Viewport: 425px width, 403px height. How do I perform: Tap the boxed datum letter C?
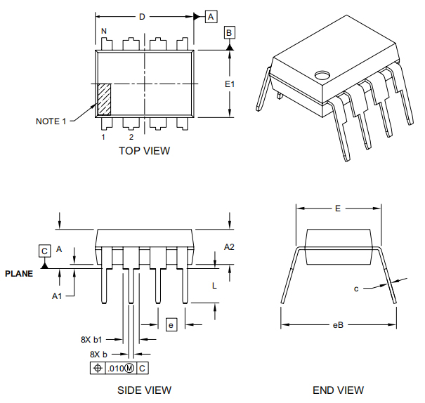pos(44,251)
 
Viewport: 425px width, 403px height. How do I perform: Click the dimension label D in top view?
pos(142,16)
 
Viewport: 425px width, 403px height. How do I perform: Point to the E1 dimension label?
pos(230,84)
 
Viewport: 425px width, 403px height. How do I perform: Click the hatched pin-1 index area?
pos(103,99)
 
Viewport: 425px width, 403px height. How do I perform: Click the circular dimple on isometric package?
pos(322,74)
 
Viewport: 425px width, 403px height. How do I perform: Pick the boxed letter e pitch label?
pos(170,324)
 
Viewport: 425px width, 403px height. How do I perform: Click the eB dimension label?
pos(338,324)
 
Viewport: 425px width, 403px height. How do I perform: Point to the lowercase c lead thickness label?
pos(356,289)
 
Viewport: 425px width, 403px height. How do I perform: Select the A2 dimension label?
pos(229,246)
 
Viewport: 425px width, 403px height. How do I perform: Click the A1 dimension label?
pos(58,296)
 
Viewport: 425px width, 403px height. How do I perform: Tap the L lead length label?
pos(214,285)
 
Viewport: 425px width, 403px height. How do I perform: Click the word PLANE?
pos(19,273)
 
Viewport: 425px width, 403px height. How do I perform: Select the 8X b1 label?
pos(92,339)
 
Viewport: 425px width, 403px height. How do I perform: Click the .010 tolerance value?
pos(115,368)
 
